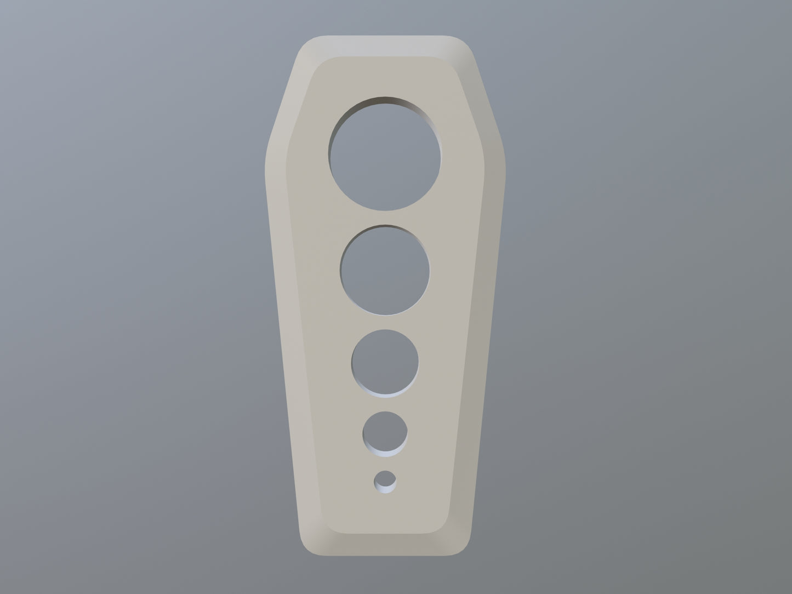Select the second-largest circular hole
click(x=385, y=270)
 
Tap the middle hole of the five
click(x=385, y=362)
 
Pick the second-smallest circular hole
click(x=385, y=434)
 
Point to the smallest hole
click(x=386, y=480)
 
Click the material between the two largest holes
click(x=385, y=217)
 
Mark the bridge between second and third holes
click(x=385, y=322)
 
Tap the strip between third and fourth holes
click(x=385, y=403)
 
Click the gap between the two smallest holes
click(x=385, y=463)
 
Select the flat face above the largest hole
click(x=385, y=77)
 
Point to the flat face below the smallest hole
click(x=385, y=512)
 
